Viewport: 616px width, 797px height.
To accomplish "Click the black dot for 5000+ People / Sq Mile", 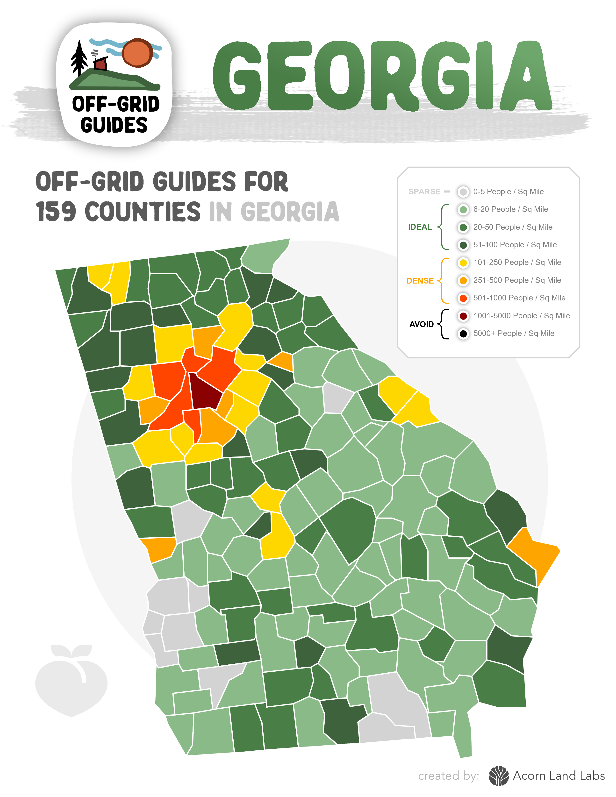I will click(463, 334).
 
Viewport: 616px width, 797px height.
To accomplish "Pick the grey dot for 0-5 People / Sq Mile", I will click(463, 192).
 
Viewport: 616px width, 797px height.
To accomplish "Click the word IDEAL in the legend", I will click(420, 227).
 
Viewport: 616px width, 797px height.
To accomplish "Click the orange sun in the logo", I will click(137, 53).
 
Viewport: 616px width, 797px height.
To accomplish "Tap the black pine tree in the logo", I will click(79, 58).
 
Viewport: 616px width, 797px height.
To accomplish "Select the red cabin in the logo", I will click(100, 64).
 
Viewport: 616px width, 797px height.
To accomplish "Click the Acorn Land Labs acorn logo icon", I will click(499, 776).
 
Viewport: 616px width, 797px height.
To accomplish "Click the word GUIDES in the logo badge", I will click(114, 125).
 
